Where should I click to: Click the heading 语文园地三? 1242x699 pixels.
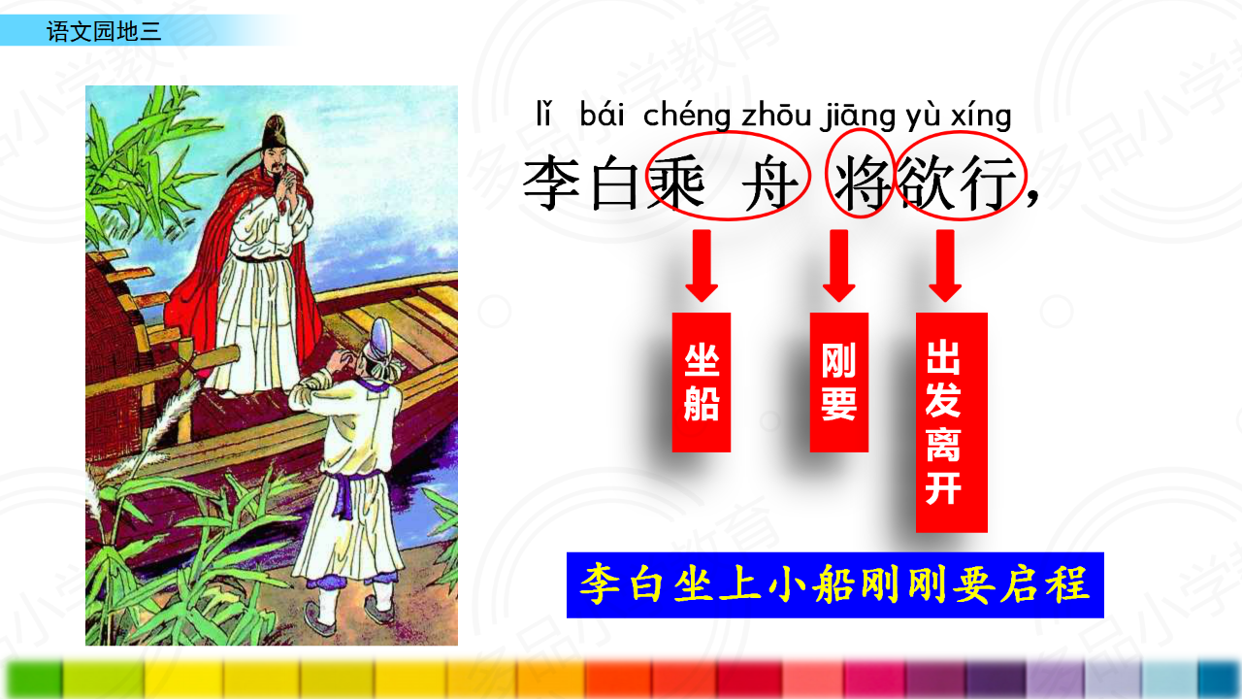(x=104, y=31)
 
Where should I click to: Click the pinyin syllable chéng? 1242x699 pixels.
(x=686, y=116)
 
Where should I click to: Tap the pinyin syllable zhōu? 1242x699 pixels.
(x=776, y=115)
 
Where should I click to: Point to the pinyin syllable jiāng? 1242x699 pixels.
(x=858, y=116)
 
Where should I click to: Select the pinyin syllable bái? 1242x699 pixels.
(x=602, y=115)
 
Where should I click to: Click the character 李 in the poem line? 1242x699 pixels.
(x=551, y=183)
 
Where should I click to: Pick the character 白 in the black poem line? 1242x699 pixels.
(x=614, y=183)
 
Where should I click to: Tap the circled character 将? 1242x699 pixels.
(x=861, y=183)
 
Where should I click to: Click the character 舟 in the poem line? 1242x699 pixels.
(x=771, y=183)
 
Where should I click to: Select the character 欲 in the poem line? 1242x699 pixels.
(x=926, y=183)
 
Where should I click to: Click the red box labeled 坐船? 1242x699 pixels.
(x=702, y=383)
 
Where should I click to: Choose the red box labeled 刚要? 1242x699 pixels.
(x=839, y=383)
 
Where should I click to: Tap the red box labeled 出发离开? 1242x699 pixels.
(x=952, y=422)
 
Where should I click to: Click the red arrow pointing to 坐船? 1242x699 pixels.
(x=702, y=266)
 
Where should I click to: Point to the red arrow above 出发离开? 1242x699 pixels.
(x=945, y=266)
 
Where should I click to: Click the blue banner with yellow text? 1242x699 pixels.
(x=835, y=584)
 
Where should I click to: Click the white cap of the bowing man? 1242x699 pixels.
(x=384, y=344)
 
